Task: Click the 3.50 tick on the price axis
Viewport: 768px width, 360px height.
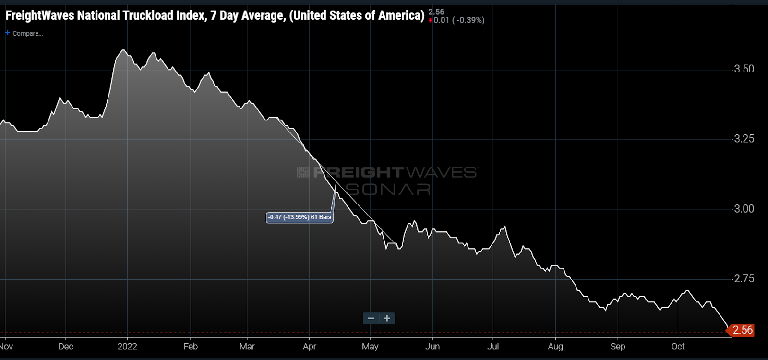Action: (x=744, y=69)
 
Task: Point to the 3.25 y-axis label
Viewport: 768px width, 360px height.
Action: (x=744, y=139)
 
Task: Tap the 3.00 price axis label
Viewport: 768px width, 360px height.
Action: (x=744, y=209)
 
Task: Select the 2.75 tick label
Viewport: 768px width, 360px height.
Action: (x=744, y=279)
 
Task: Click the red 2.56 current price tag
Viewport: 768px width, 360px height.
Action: (x=742, y=330)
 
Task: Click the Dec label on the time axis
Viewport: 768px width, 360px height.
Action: (x=66, y=347)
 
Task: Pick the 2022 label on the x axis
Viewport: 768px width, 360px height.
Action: (x=127, y=347)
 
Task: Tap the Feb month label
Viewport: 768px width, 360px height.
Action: (x=191, y=347)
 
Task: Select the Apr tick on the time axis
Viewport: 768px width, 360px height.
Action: (x=310, y=347)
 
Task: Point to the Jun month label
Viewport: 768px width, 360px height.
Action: (x=432, y=347)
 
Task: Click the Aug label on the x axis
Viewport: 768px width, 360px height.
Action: (x=555, y=347)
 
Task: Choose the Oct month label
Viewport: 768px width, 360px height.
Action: (x=678, y=347)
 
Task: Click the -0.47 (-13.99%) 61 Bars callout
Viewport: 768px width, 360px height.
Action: (x=300, y=217)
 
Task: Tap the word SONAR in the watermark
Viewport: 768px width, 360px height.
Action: (x=389, y=190)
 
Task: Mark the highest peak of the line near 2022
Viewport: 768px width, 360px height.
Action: (x=123, y=50)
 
